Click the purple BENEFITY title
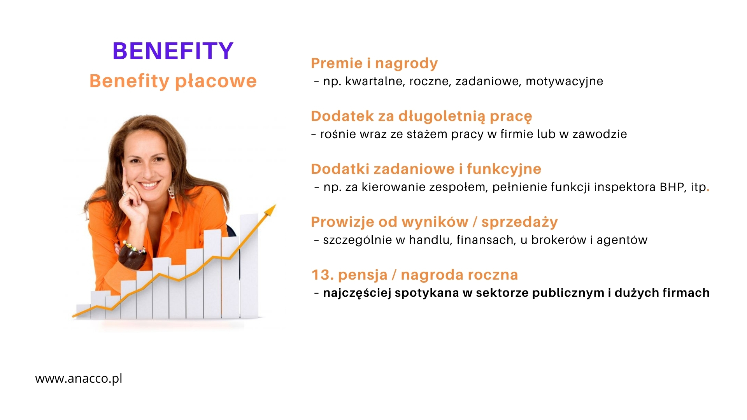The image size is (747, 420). point(173,51)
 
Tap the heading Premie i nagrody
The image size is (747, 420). point(374,63)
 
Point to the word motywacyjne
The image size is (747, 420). point(564,81)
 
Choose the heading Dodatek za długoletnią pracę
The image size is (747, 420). point(421,116)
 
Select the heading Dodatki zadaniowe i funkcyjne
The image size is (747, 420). point(426,169)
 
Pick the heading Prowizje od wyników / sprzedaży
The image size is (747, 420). point(434,222)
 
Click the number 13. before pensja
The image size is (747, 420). point(323,275)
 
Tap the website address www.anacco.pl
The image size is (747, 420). point(79,378)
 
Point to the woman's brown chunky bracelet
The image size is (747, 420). point(133,255)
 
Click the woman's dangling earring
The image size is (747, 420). point(171,191)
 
